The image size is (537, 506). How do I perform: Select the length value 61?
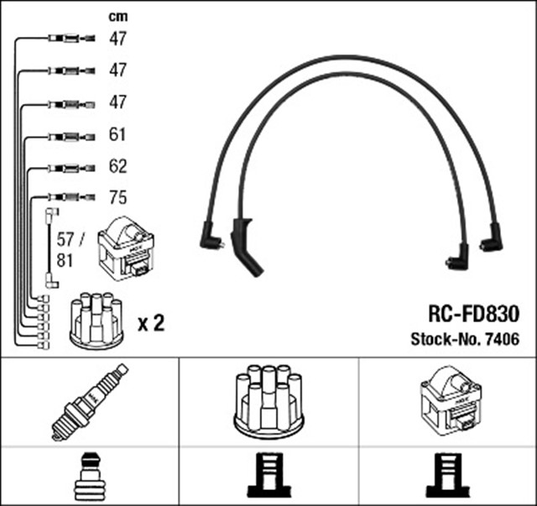[x=117, y=134]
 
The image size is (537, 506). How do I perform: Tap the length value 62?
[x=117, y=166]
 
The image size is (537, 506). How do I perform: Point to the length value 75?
[x=117, y=198]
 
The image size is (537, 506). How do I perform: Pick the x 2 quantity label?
[x=150, y=323]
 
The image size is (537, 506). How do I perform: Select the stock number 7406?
[x=500, y=340]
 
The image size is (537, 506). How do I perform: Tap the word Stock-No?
[x=443, y=340]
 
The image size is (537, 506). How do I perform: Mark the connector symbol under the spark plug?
[x=89, y=477]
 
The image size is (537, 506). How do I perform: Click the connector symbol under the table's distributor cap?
[x=268, y=477]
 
